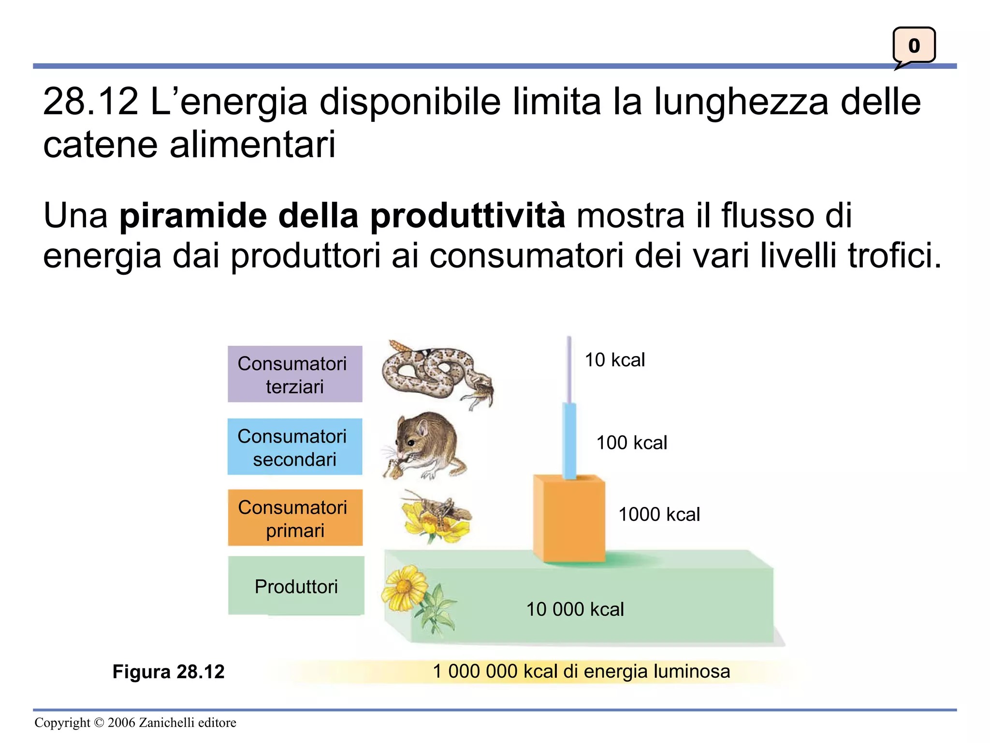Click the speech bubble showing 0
(914, 46)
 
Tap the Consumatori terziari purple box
(295, 374)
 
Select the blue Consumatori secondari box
(295, 446)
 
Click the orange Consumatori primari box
(295, 518)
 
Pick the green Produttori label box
(296, 586)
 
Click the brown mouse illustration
(425, 445)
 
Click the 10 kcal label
(615, 360)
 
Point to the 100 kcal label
(631, 443)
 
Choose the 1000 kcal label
(659, 514)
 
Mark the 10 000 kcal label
(575, 609)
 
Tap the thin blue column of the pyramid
(570, 440)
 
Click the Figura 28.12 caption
(168, 671)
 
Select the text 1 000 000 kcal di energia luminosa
(581, 671)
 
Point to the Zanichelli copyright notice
(135, 722)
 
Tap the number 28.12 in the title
(90, 102)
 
